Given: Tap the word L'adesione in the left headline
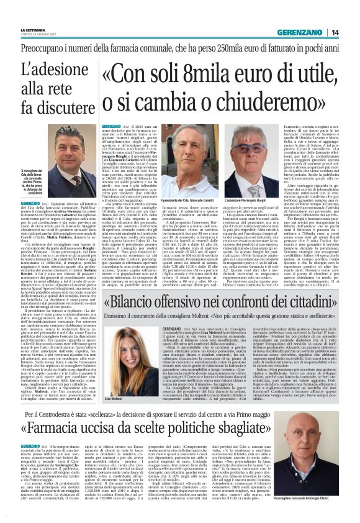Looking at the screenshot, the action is tap(42, 71).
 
